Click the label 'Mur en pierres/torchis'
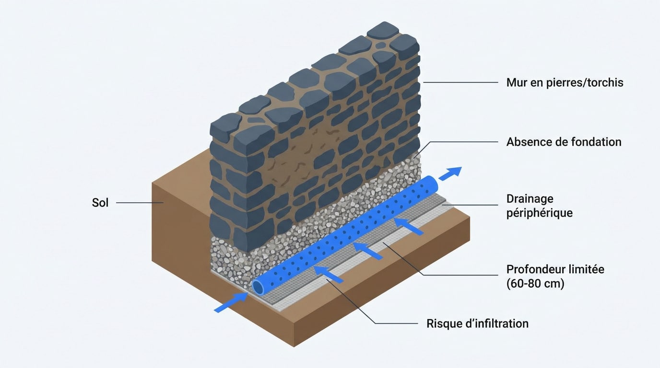click(565, 82)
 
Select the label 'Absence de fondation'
click(564, 142)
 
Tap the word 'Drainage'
click(530, 199)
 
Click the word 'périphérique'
click(540, 213)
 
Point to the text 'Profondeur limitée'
click(555, 269)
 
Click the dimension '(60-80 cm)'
click(535, 284)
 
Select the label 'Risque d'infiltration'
click(478, 323)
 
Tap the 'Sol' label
click(100, 203)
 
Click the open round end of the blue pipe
click(258, 287)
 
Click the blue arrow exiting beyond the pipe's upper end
click(450, 173)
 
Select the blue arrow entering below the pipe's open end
click(231, 302)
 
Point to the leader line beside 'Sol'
click(140, 203)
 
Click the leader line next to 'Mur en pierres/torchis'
click(461, 82)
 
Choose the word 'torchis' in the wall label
click(605, 82)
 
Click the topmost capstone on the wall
click(382, 30)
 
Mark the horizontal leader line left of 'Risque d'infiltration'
click(397, 323)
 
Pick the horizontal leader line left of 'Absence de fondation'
click(464, 142)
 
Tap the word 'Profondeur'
click(533, 269)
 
